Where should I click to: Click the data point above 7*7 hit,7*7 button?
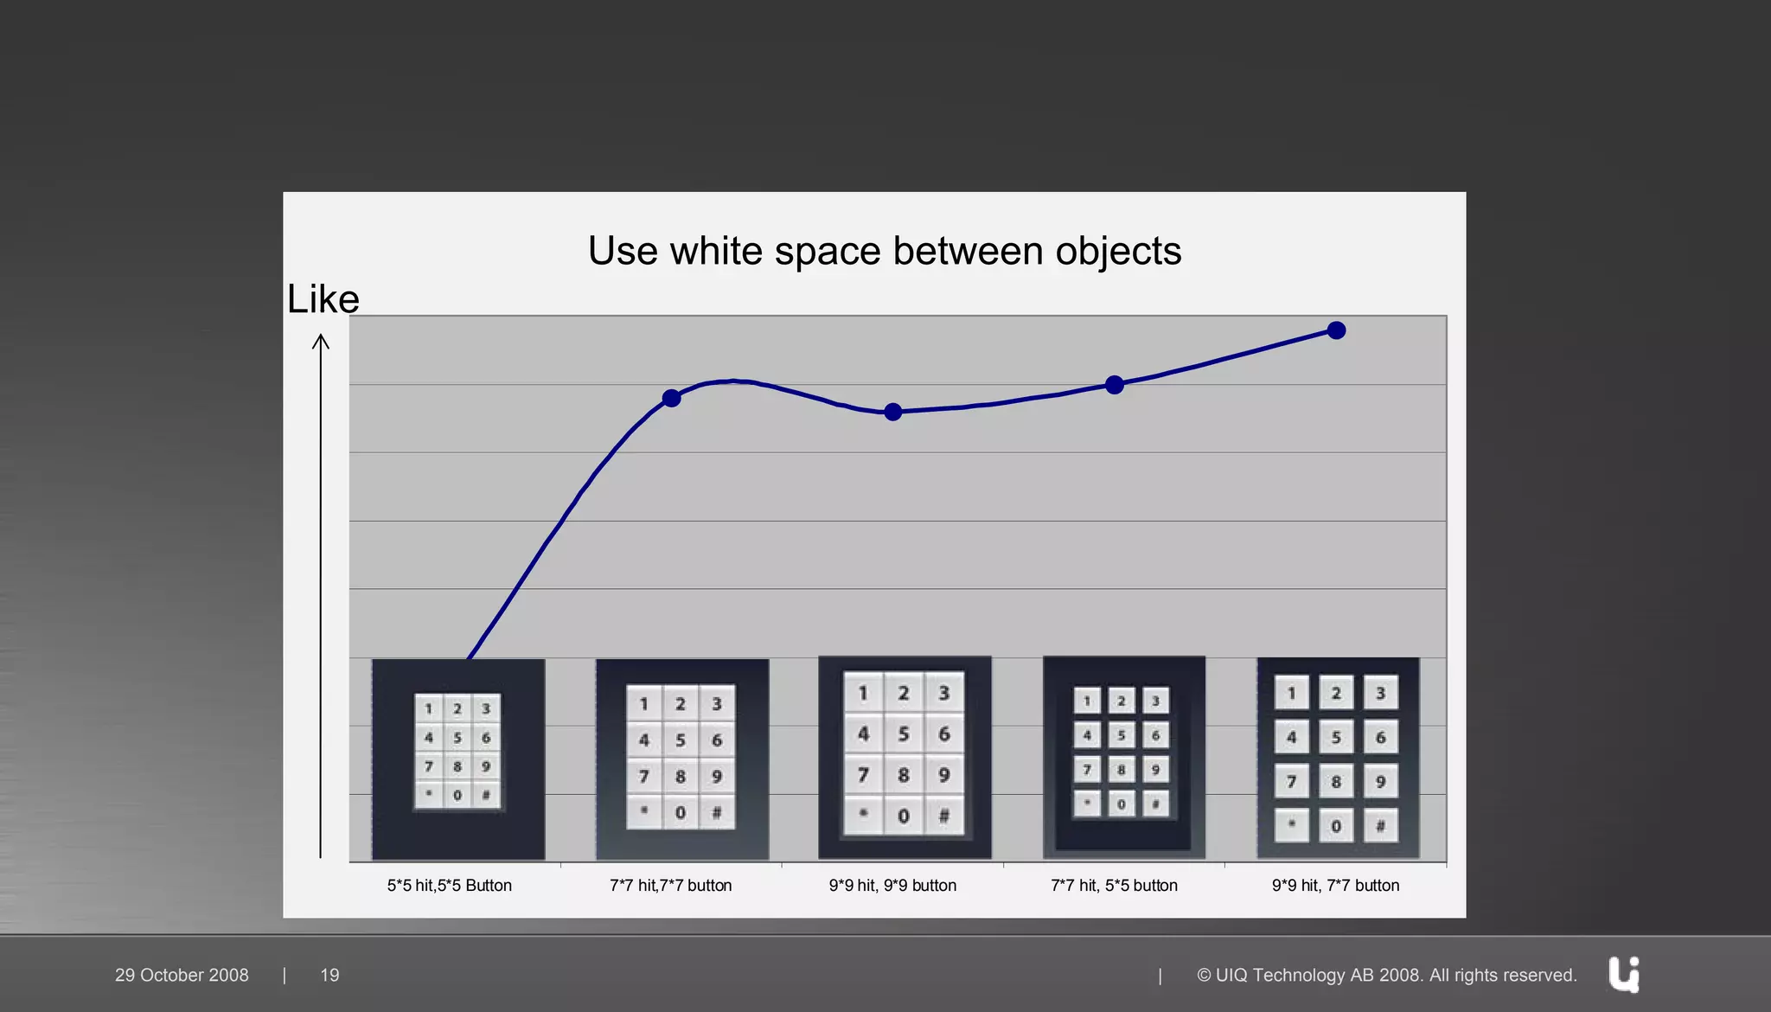[x=671, y=398]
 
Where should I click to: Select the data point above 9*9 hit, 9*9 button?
[x=893, y=412]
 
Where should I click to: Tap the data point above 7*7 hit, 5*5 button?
[x=1115, y=385]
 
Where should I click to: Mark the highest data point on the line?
[x=1336, y=330]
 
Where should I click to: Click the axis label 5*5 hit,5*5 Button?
[x=449, y=886]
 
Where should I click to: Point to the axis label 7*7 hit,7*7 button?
[x=670, y=886]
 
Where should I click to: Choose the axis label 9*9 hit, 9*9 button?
[x=892, y=886]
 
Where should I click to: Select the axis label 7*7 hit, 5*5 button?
[x=1114, y=886]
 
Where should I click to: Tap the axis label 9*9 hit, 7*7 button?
[x=1335, y=886]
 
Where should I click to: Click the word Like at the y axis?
[x=323, y=299]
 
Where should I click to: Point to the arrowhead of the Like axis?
[x=321, y=340]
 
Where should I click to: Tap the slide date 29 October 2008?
[x=182, y=975]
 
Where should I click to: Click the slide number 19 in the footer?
[x=329, y=975]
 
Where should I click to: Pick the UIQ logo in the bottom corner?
[x=1624, y=975]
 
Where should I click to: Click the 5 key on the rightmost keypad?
[x=1336, y=738]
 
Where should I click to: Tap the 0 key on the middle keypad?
[x=904, y=816]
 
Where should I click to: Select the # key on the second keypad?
[x=717, y=813]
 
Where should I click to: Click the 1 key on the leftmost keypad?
[x=428, y=708]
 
